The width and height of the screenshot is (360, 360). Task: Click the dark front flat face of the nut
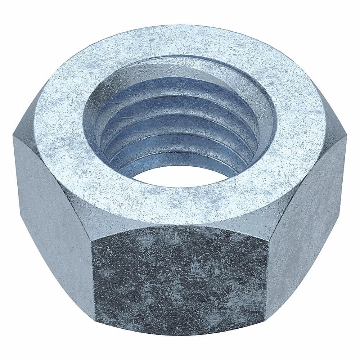tap(180, 277)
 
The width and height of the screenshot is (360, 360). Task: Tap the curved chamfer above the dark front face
tap(180, 225)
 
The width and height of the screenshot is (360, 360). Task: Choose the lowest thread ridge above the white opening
tap(180, 158)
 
